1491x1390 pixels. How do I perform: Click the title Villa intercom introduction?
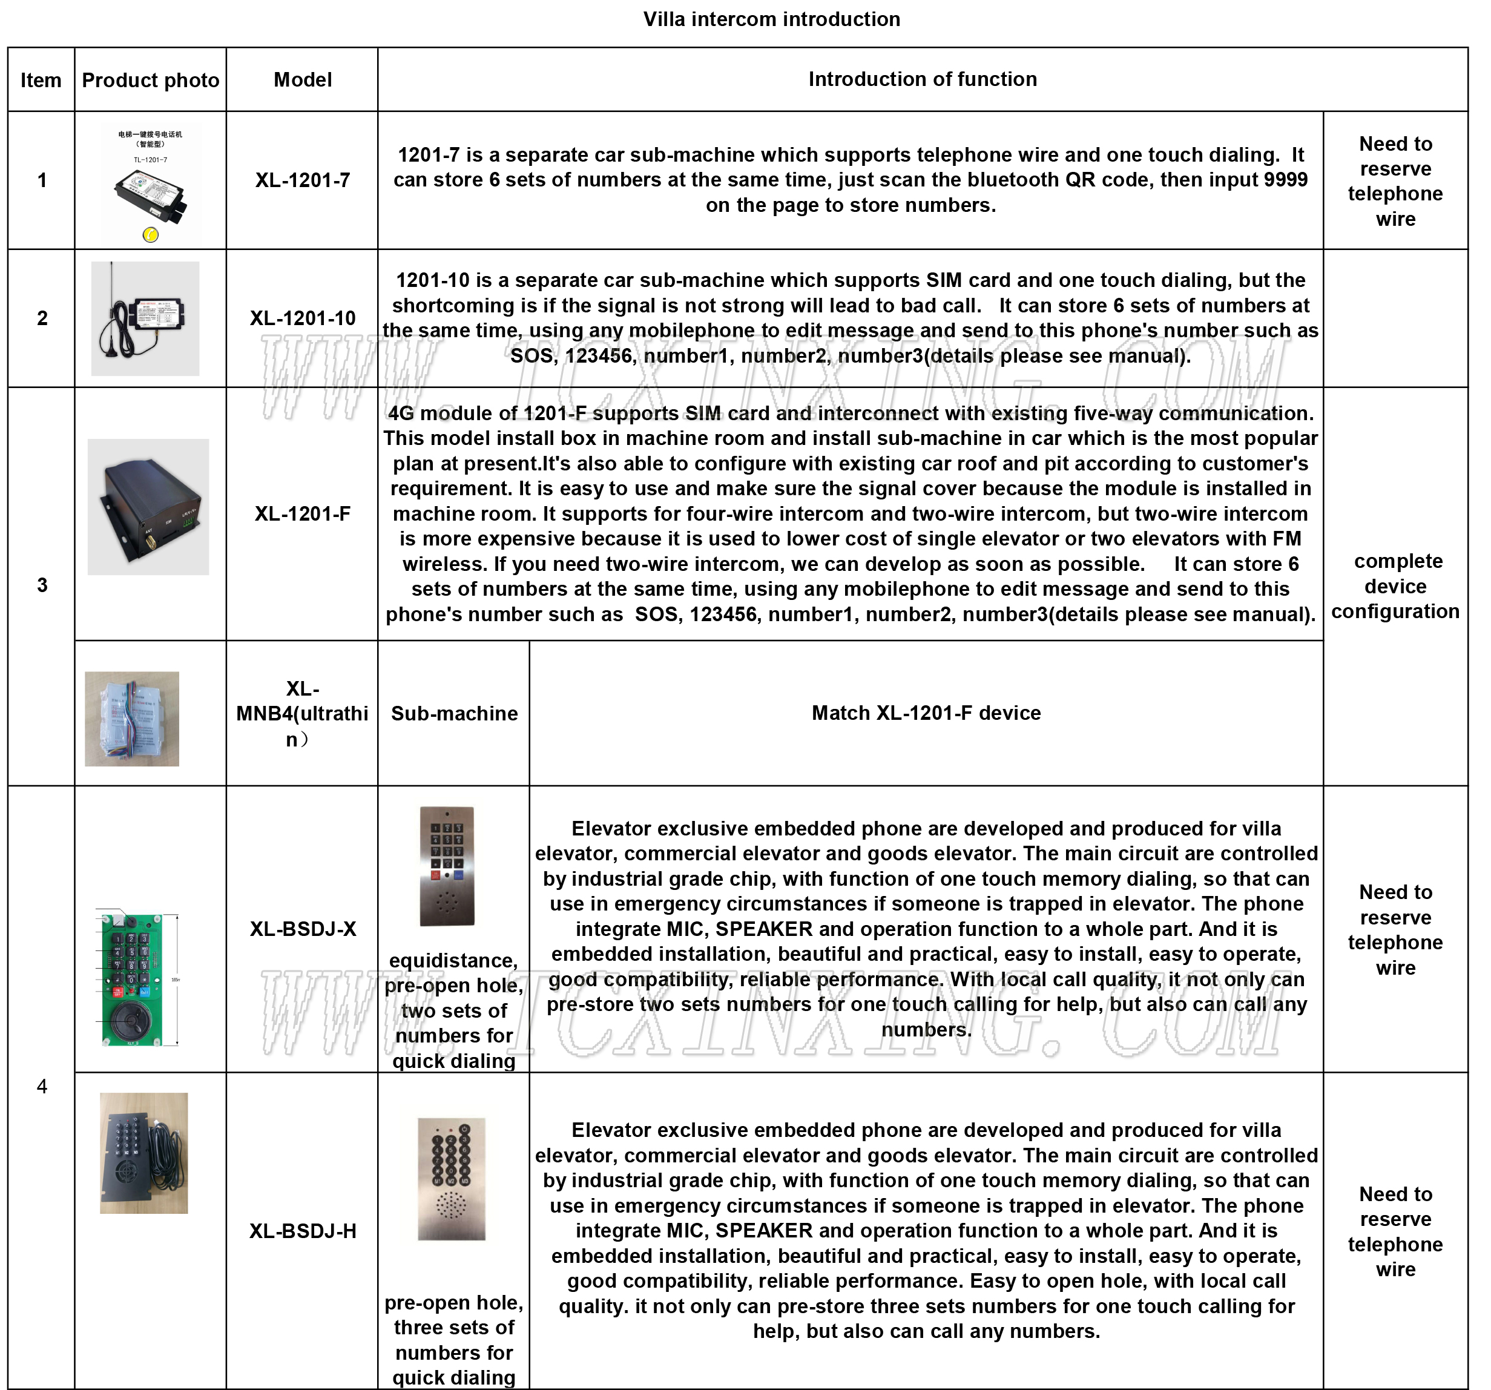(x=771, y=19)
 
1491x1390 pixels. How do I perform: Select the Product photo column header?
(x=150, y=81)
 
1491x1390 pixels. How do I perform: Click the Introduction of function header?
(x=922, y=79)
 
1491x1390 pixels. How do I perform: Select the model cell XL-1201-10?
(x=302, y=318)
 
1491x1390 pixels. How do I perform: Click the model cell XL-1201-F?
(x=302, y=514)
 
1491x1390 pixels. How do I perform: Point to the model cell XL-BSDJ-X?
(x=302, y=929)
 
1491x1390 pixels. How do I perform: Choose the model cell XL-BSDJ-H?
(x=302, y=1231)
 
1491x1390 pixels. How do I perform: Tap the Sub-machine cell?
(x=454, y=713)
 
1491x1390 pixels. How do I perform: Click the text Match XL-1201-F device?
(x=926, y=713)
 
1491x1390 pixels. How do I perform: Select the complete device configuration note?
(x=1395, y=586)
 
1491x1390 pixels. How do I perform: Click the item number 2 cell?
(x=42, y=318)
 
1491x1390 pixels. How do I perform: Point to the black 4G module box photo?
(x=148, y=507)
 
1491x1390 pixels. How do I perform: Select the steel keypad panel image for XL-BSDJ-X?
(x=447, y=866)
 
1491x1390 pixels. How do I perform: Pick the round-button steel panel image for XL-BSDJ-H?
(x=452, y=1179)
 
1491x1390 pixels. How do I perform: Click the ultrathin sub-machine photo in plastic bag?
(x=132, y=719)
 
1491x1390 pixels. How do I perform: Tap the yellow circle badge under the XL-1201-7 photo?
(x=150, y=235)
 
